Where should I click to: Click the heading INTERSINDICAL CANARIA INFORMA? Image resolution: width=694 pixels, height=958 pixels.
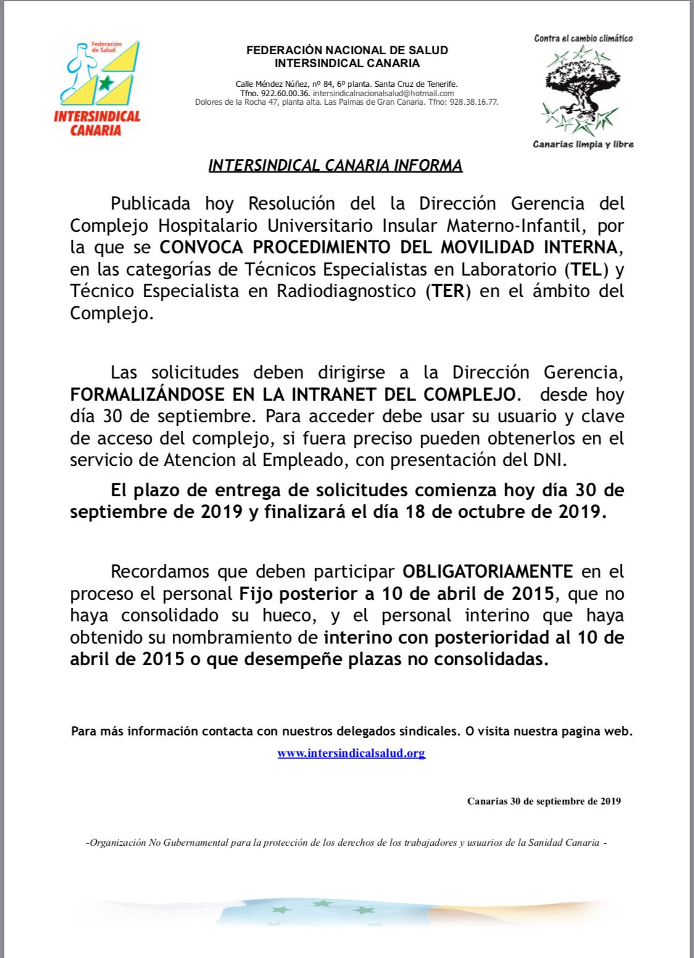coord(335,166)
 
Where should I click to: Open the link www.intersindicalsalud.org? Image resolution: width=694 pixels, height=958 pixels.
coord(351,753)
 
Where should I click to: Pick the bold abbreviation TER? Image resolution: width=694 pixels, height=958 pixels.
coord(448,290)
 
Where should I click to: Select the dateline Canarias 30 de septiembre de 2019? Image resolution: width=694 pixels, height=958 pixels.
coord(543,801)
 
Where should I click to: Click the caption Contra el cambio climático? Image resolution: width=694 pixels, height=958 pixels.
coord(583,38)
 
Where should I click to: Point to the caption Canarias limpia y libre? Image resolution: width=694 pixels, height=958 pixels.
coord(583,144)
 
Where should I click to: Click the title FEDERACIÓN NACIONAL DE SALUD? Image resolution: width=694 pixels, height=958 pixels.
coord(347,51)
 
